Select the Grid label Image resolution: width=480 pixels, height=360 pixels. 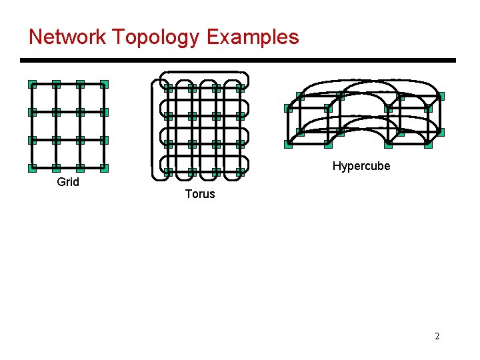click(68, 182)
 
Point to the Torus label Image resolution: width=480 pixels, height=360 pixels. click(200, 194)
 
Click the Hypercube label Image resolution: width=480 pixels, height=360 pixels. click(361, 166)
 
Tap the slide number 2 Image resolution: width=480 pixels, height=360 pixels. click(437, 336)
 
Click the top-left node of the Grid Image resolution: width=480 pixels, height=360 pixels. click(32, 85)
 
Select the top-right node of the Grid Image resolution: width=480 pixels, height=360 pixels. click(104, 85)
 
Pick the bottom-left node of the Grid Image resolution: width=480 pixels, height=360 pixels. click(32, 168)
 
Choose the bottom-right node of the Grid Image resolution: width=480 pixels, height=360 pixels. click(104, 168)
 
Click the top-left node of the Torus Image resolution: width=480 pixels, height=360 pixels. click(168, 87)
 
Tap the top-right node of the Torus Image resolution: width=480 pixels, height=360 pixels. click(240, 87)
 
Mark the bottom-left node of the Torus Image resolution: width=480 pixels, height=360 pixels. click(168, 171)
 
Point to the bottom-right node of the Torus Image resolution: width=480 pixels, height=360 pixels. click(240, 171)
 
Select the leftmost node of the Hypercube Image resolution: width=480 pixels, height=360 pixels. click(287, 108)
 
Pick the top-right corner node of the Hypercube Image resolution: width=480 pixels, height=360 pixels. click(440, 96)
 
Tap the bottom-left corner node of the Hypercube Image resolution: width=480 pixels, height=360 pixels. click(288, 144)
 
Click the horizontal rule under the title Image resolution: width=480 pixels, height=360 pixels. click(238, 61)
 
